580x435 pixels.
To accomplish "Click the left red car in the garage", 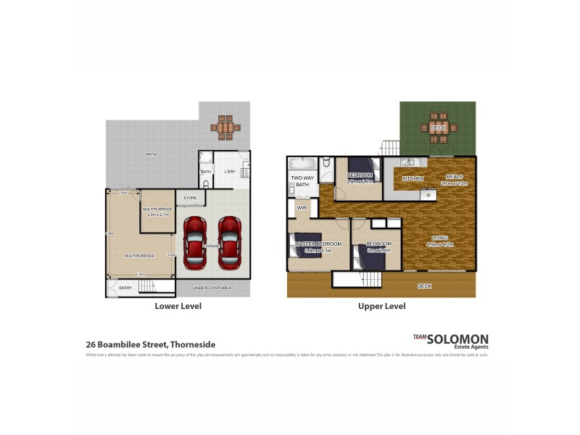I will point(195,241).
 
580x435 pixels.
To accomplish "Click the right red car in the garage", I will point(229,241).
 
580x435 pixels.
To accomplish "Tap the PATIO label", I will point(152,154).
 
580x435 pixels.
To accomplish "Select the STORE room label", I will point(190,197).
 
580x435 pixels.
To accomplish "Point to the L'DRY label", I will point(230,172).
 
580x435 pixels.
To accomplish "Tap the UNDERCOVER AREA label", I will point(212,289).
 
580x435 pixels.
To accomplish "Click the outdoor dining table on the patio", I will point(226,127).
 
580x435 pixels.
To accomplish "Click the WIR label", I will point(301,207).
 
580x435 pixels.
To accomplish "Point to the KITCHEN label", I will point(413,178).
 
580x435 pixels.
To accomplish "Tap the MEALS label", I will point(455,176).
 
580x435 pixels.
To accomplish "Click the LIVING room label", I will point(439,237).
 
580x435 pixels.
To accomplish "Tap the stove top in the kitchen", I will point(428,195).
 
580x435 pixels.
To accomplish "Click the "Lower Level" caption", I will point(178,307).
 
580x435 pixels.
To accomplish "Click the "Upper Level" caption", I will point(381,307).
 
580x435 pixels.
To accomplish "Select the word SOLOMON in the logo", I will point(457,339).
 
